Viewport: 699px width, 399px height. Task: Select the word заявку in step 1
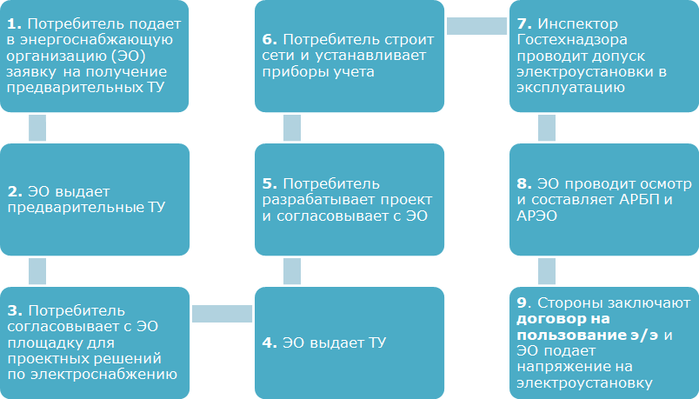(30, 72)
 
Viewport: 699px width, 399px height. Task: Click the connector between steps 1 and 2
(37, 127)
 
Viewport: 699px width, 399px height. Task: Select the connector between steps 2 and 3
(37, 270)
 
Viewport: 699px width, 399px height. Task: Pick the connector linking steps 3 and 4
(222, 313)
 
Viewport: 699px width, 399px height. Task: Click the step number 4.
(270, 342)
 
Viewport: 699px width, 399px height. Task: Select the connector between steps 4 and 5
(292, 270)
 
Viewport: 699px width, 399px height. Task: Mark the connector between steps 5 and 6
(292, 127)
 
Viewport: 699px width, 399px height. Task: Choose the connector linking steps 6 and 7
(476, 26)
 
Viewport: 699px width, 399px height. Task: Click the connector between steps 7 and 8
(547, 127)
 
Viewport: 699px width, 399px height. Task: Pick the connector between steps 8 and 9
(547, 270)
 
